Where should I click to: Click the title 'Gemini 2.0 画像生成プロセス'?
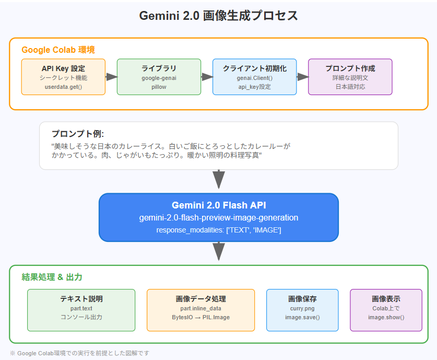(218, 16)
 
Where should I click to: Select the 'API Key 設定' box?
(63, 77)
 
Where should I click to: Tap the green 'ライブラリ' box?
(159, 77)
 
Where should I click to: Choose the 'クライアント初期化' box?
(254, 77)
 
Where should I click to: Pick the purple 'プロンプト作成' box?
(350, 77)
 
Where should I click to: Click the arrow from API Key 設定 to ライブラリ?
(111, 77)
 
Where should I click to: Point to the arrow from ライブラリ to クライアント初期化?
(207, 77)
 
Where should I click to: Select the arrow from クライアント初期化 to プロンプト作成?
(302, 77)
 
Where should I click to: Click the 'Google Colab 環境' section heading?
(58, 50)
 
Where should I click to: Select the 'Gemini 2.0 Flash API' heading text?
(218, 205)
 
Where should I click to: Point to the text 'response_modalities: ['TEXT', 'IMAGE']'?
(218, 230)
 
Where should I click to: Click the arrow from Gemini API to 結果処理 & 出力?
(219, 252)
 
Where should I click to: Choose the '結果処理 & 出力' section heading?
(52, 277)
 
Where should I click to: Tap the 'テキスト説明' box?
(81, 310)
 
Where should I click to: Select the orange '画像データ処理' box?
(200, 310)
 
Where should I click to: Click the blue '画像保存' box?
(302, 310)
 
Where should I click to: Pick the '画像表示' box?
(386, 310)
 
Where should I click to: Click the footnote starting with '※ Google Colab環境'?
(79, 353)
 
